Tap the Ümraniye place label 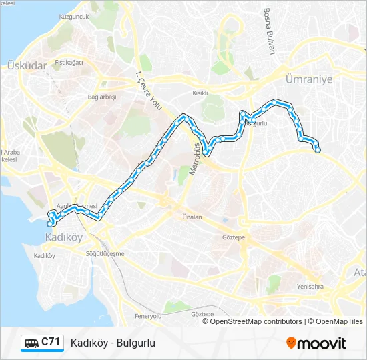point(308,78)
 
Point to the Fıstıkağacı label point(69,62)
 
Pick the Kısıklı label point(200,94)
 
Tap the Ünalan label point(192,217)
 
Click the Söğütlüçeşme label point(105,253)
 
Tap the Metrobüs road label point(194,159)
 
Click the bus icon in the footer point(31,343)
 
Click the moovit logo point(316,343)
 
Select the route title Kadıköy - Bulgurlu point(113,343)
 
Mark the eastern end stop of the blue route point(318,150)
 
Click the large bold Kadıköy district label point(63,237)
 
